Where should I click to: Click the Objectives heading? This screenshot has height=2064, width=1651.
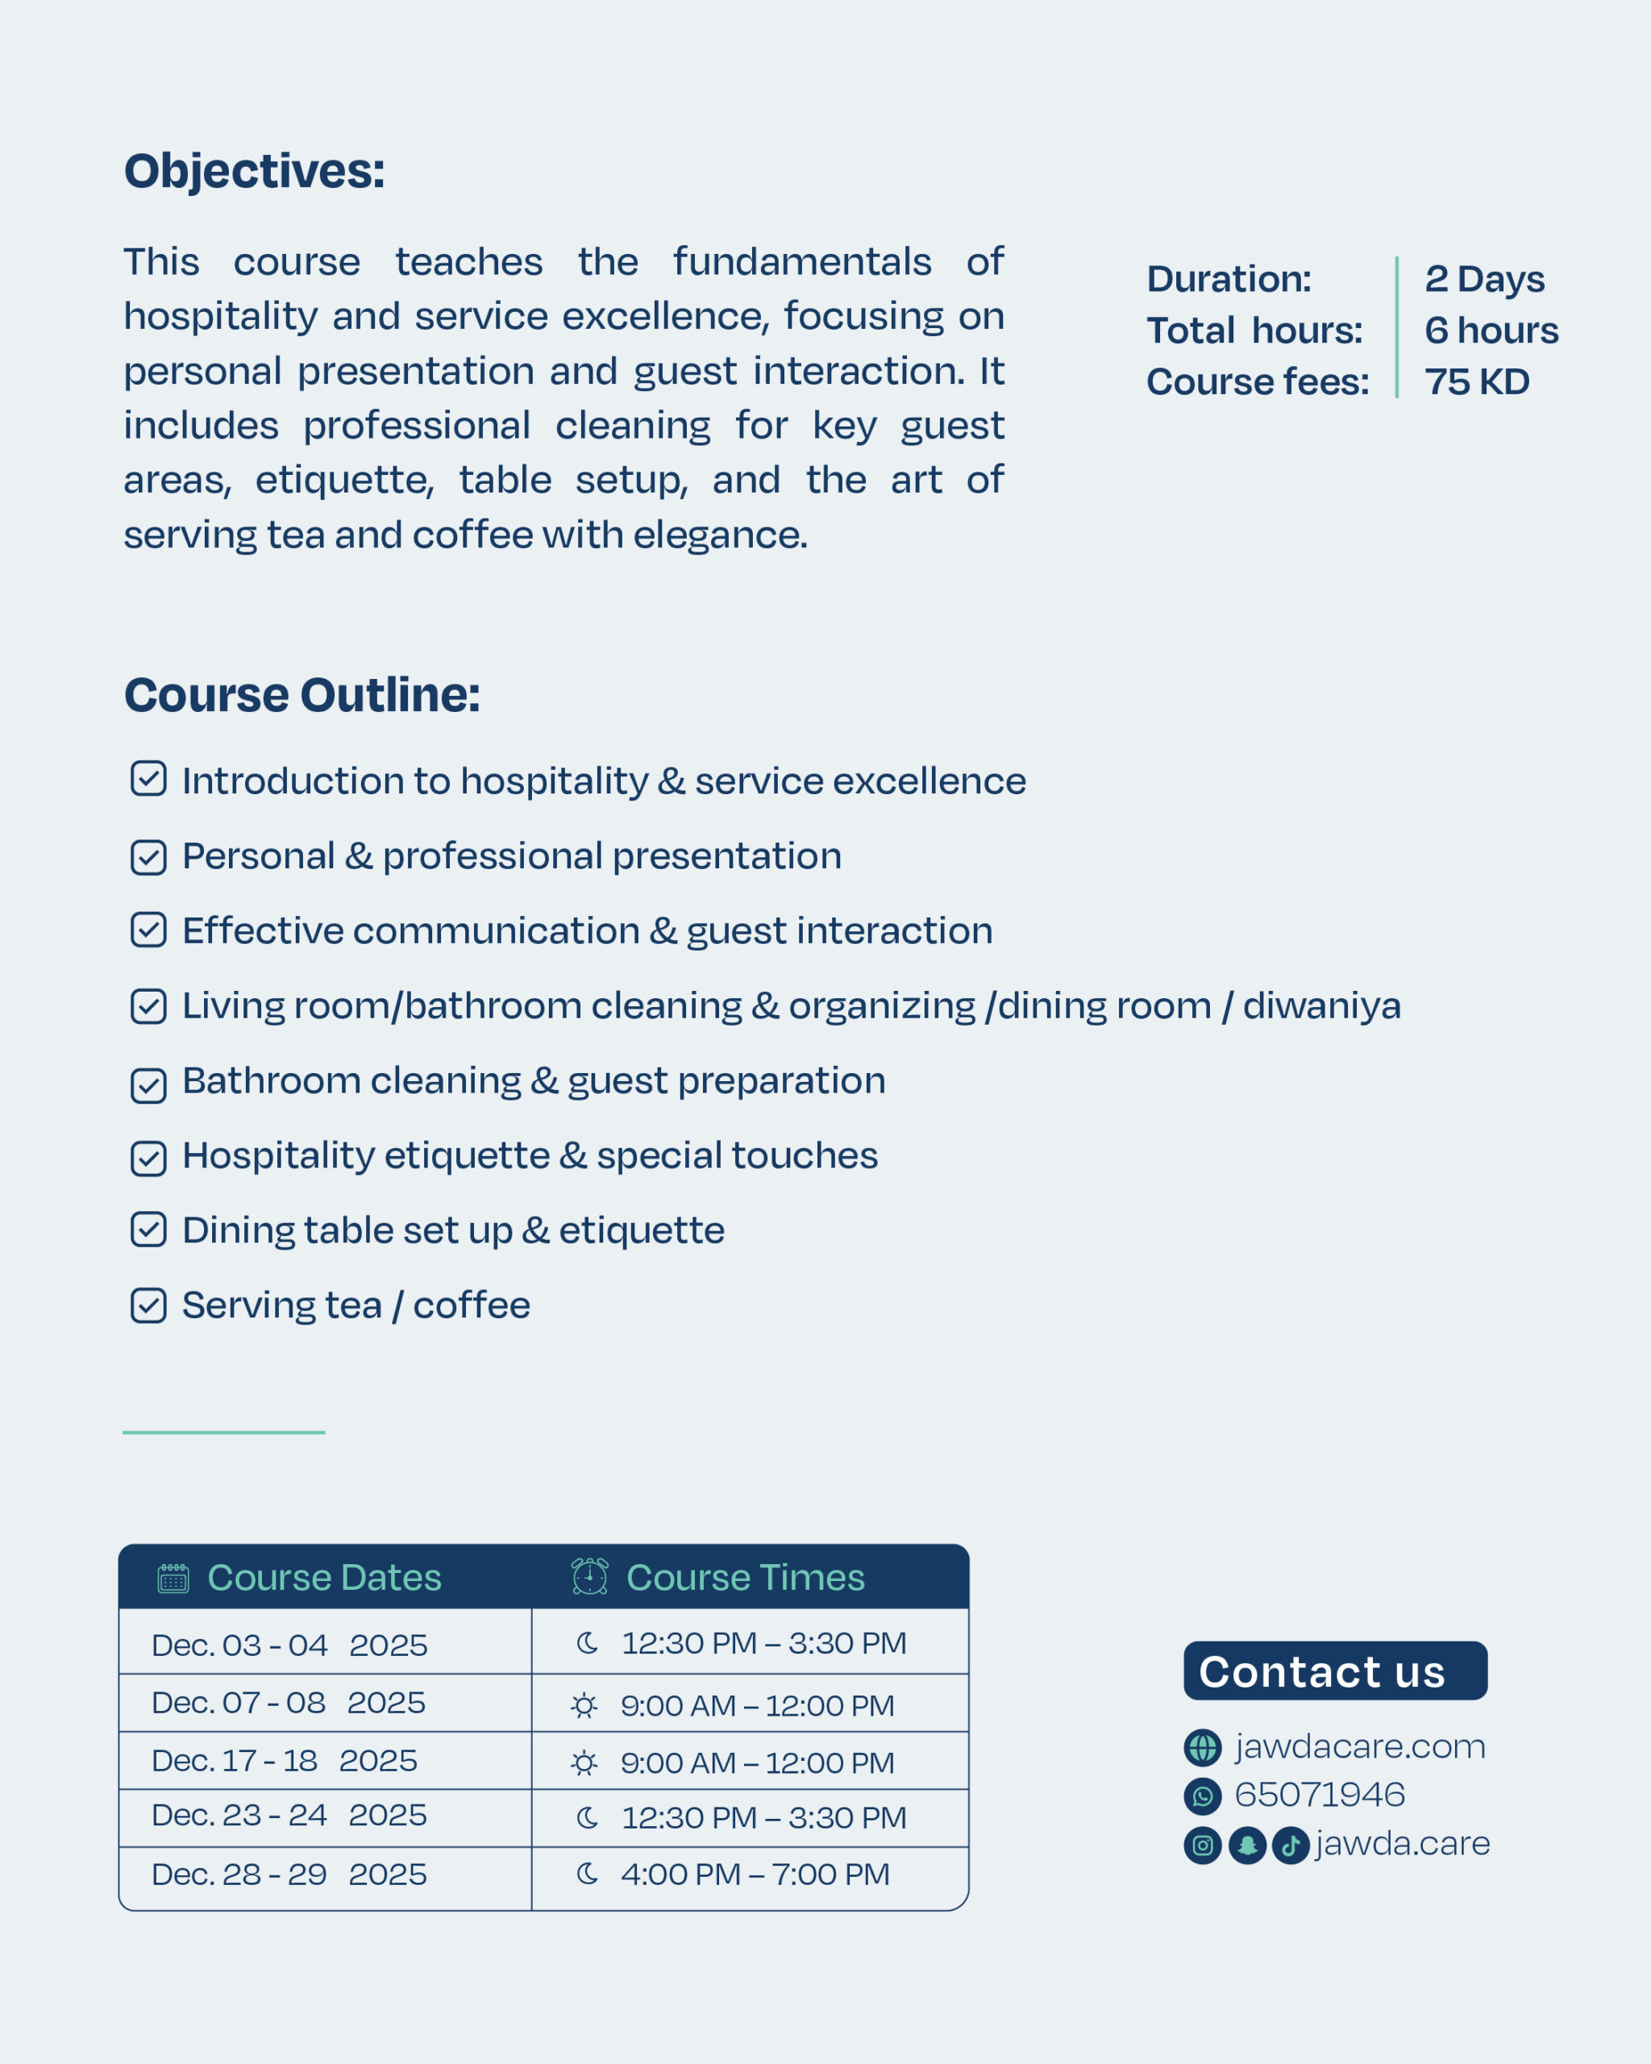pos(255,173)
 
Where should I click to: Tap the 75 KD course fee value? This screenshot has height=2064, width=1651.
pos(1477,382)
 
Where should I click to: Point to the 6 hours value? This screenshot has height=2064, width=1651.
pos(1491,331)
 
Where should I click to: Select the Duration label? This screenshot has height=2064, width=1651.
pos(1229,280)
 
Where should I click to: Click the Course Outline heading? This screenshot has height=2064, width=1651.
pos(302,695)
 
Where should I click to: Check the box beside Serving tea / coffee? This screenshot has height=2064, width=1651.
pos(148,1306)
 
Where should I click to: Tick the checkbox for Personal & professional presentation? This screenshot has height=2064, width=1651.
pos(148,857)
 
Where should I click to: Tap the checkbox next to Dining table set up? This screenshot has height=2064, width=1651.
pos(148,1230)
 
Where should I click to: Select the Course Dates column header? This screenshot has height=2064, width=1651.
pos(323,1578)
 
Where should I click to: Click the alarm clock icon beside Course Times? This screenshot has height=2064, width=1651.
pos(589,1577)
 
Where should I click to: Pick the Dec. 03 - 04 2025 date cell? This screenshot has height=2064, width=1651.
pos(289,1646)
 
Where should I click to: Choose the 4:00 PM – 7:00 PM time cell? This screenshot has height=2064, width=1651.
pos(755,1875)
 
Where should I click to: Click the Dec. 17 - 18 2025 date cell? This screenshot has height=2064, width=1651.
pos(285,1761)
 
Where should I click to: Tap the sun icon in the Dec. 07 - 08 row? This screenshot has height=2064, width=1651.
pos(584,1706)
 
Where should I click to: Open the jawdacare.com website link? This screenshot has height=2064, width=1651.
pos(1359,1747)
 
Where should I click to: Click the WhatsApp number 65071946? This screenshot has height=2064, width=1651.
pos(1319,1795)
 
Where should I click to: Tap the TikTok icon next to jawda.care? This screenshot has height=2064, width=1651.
pos(1290,1845)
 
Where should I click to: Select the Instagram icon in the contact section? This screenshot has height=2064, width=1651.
pos(1203,1845)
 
